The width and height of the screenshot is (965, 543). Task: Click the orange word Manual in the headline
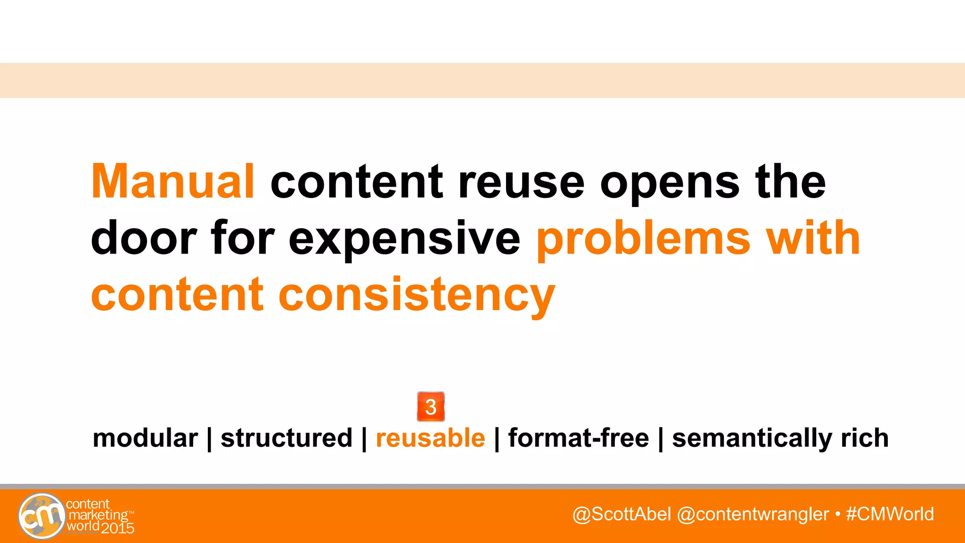tap(173, 181)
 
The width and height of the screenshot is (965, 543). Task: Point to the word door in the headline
tap(144, 238)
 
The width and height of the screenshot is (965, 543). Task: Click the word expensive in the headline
tap(404, 240)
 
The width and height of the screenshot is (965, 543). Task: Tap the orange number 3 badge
tap(431, 407)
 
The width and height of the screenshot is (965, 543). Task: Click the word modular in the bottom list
tap(145, 438)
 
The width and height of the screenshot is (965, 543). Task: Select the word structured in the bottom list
tap(286, 438)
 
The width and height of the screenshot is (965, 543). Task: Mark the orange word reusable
tap(430, 438)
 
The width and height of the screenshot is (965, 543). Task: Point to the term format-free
tap(579, 438)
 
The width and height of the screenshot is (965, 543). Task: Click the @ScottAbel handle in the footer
tap(622, 514)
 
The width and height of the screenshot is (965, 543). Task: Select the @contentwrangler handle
tap(752, 514)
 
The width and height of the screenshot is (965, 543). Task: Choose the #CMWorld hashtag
tap(890, 514)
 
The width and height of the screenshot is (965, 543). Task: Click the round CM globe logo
tap(42, 516)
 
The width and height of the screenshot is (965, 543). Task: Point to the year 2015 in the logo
tap(118, 528)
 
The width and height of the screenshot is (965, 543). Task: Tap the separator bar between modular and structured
tap(209, 439)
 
